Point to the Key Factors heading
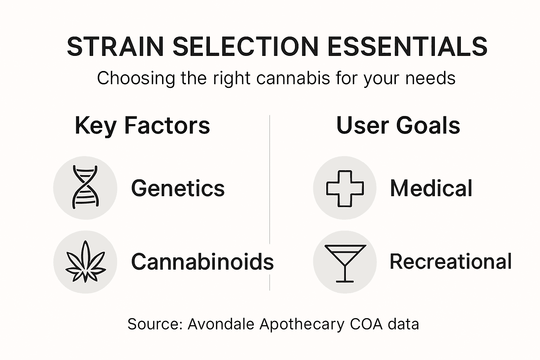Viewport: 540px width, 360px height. coord(142,126)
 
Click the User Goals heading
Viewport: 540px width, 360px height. coord(398,126)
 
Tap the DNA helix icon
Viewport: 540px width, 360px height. coord(85,187)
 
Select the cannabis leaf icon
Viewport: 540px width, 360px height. coord(85,262)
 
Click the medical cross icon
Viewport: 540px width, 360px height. coord(345,188)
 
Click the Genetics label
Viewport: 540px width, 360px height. coord(178,188)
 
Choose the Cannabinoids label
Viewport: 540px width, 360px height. coord(202,262)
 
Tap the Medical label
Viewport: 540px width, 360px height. coord(431,188)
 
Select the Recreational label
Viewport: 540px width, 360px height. coord(450,262)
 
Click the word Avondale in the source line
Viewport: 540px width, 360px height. coord(221,324)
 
